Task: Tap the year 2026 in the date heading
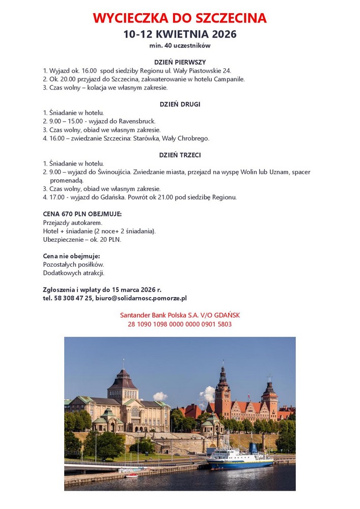click(221, 34)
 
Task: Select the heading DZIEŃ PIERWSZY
click(180, 62)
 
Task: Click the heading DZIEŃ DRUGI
click(180, 104)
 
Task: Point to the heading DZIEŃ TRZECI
click(180, 155)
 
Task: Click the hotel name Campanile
click(229, 79)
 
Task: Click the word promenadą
click(66, 180)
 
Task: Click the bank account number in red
click(180, 324)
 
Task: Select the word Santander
click(136, 315)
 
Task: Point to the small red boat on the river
click(132, 475)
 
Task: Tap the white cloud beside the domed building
click(160, 396)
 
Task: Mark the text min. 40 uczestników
click(180, 46)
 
